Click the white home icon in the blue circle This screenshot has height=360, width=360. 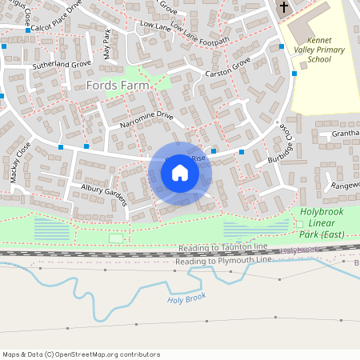[x=180, y=171]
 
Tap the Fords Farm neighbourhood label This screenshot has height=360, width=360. [x=117, y=84]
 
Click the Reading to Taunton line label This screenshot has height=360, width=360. [x=227, y=249]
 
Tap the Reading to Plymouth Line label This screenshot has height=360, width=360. [x=224, y=261]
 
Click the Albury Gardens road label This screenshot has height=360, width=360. [x=104, y=194]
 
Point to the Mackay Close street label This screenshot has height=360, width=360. [x=21, y=162]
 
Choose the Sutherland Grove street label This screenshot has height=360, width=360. [x=61, y=62]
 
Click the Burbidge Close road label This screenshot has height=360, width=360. [x=282, y=146]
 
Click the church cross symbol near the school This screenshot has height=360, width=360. [x=282, y=8]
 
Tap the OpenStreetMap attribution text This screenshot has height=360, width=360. [x=81, y=354]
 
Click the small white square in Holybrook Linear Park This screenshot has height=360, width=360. [x=116, y=238]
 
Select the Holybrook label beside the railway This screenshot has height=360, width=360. [x=300, y=250]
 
